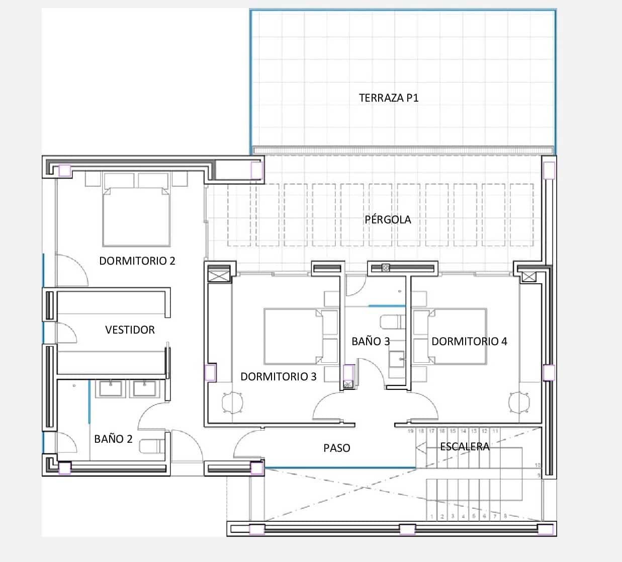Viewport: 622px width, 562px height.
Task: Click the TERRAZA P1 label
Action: coord(388,98)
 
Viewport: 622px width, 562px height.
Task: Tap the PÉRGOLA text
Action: coord(388,219)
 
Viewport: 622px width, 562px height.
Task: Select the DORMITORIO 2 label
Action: coord(137,261)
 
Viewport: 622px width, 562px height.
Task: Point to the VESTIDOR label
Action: coord(130,330)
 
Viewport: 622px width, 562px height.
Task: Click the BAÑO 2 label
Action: coord(113,439)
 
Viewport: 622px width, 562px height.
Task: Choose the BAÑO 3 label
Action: coord(370,341)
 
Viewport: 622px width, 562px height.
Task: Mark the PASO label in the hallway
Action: coord(336,448)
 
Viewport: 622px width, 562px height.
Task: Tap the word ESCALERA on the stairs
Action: coord(464,446)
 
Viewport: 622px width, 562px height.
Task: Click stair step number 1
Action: coord(431,516)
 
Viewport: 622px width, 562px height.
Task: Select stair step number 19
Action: coord(410,431)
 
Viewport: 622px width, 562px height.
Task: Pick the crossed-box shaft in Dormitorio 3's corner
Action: coord(219,275)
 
